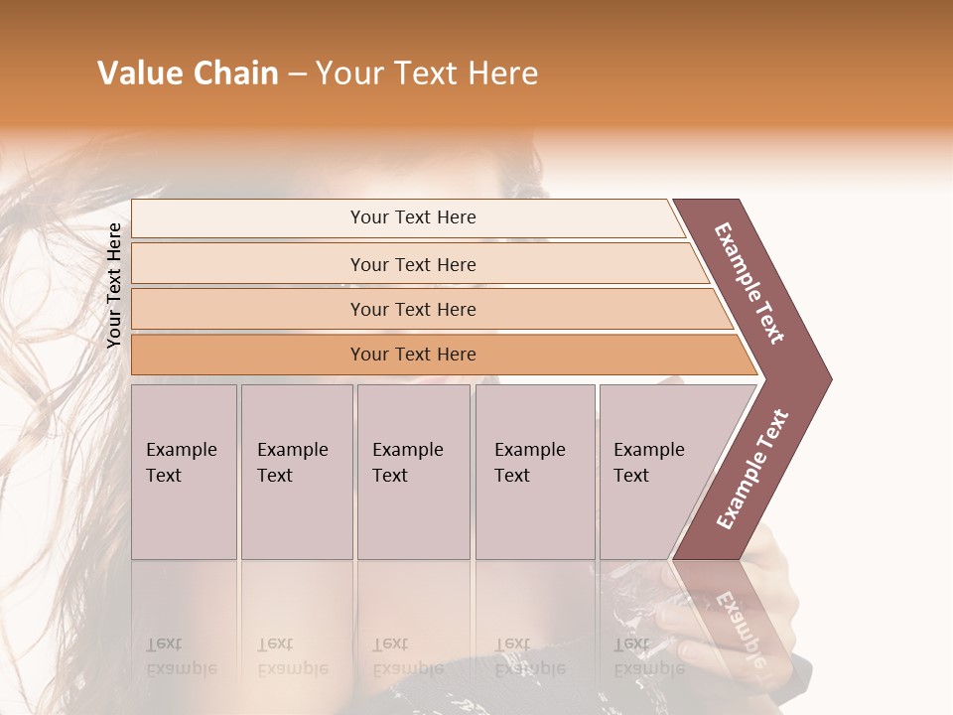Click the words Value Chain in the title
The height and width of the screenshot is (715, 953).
[188, 73]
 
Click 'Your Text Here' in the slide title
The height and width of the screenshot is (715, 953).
[426, 73]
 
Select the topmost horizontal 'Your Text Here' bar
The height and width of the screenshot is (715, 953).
[412, 217]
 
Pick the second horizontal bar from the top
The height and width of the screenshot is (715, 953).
[412, 264]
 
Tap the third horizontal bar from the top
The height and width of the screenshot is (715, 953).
[412, 309]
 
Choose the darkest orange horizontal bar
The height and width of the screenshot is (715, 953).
[412, 355]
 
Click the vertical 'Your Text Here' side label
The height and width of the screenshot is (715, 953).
[114, 285]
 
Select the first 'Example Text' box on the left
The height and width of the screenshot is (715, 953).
[184, 472]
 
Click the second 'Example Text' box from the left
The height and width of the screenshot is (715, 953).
[296, 472]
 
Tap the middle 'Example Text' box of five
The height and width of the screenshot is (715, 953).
[412, 472]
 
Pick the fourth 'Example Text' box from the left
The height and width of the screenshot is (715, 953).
[534, 472]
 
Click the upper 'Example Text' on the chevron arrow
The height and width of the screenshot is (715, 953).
[749, 283]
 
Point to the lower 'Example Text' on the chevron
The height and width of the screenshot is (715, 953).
[751, 470]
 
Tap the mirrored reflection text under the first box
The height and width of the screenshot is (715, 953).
[181, 656]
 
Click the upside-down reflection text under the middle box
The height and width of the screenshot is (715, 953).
[407, 656]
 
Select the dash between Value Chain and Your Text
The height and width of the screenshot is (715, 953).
[296, 74]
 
